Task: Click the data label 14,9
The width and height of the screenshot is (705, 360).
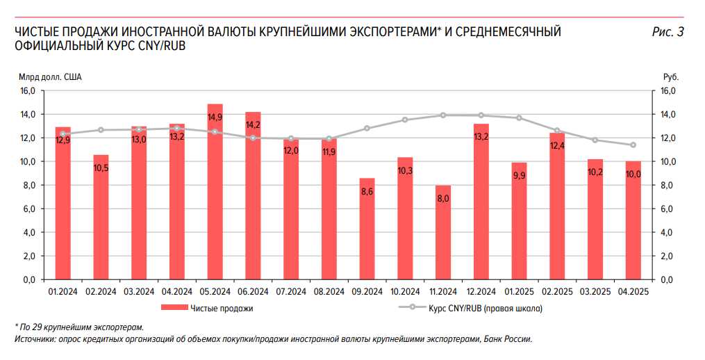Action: click(x=215, y=117)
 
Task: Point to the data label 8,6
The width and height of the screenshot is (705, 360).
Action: click(x=367, y=191)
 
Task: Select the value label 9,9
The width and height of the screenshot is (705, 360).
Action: click(x=519, y=176)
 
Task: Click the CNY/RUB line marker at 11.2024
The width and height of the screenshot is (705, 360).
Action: click(x=443, y=115)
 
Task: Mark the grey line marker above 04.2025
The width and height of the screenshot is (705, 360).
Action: click(x=633, y=145)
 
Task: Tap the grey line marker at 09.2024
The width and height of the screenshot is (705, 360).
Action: click(x=367, y=129)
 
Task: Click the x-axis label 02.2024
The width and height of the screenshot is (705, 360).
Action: click(x=101, y=292)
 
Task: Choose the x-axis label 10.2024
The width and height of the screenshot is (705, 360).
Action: click(x=405, y=292)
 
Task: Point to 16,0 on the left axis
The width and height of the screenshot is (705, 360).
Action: click(x=27, y=91)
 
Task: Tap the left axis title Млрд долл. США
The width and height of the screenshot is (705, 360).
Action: click(x=50, y=77)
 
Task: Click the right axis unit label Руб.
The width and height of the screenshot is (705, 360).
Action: click(x=670, y=77)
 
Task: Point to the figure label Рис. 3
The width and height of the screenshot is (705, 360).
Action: click(x=668, y=32)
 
